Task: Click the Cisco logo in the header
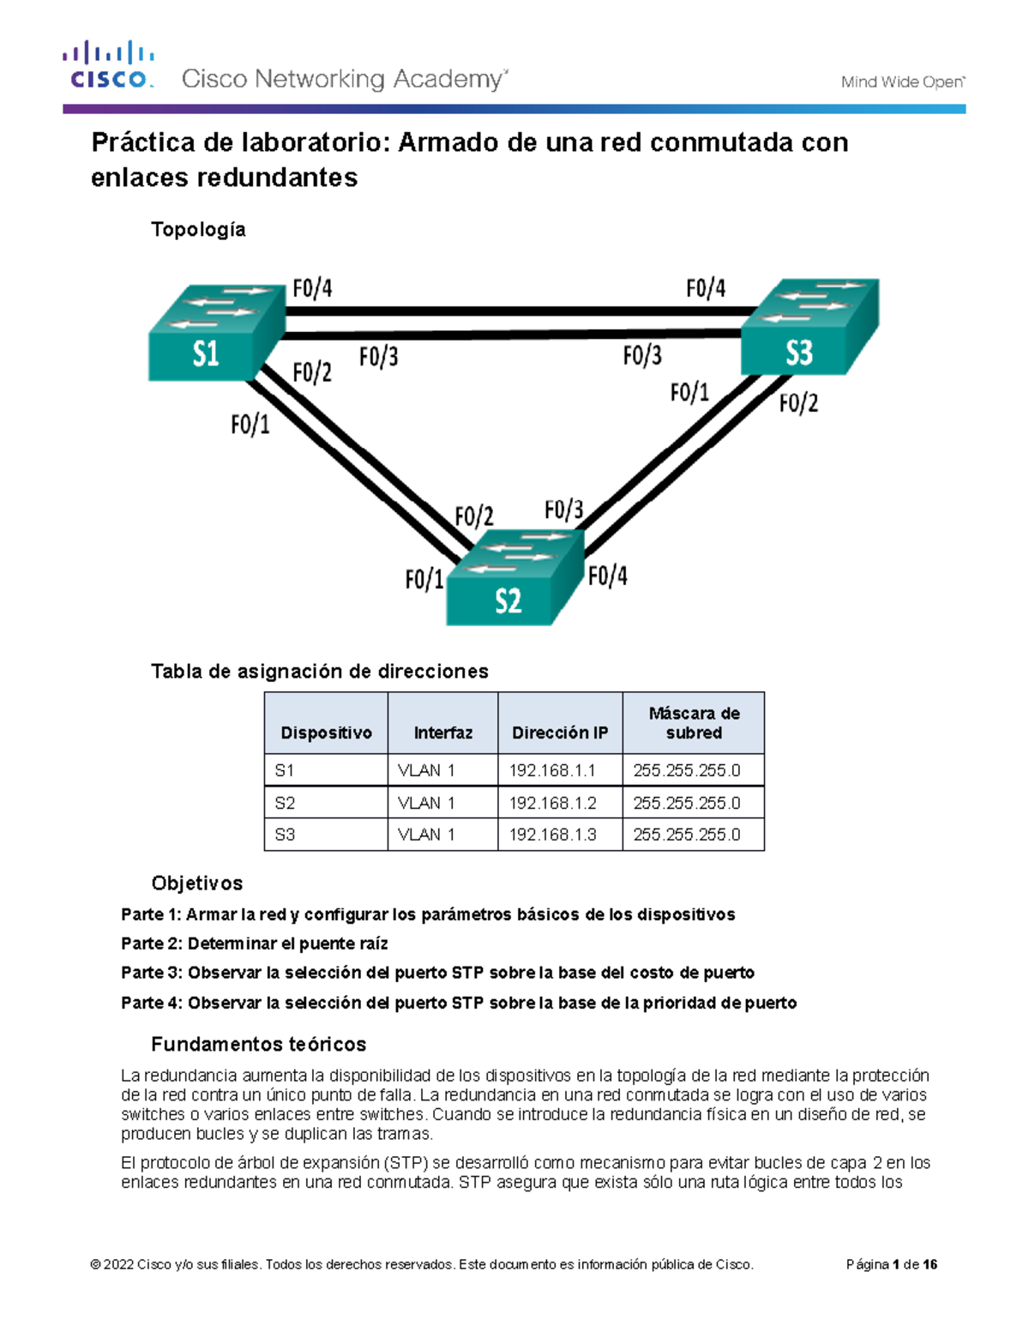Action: (108, 65)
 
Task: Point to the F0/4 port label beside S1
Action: (312, 288)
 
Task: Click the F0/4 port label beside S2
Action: (607, 576)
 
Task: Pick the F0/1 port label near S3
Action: (689, 393)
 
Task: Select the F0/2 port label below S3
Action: (798, 403)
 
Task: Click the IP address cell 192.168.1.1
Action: (552, 770)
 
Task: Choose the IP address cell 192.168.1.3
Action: (552, 835)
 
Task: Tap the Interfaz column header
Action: (442, 732)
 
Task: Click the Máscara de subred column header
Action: (694, 723)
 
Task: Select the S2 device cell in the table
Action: (285, 803)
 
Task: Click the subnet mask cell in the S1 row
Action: (687, 770)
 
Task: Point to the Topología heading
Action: (198, 229)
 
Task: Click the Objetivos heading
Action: (196, 883)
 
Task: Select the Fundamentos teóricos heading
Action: (258, 1044)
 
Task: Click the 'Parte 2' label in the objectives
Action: (151, 943)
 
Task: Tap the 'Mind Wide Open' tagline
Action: (902, 82)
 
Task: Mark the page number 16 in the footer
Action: (930, 1264)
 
